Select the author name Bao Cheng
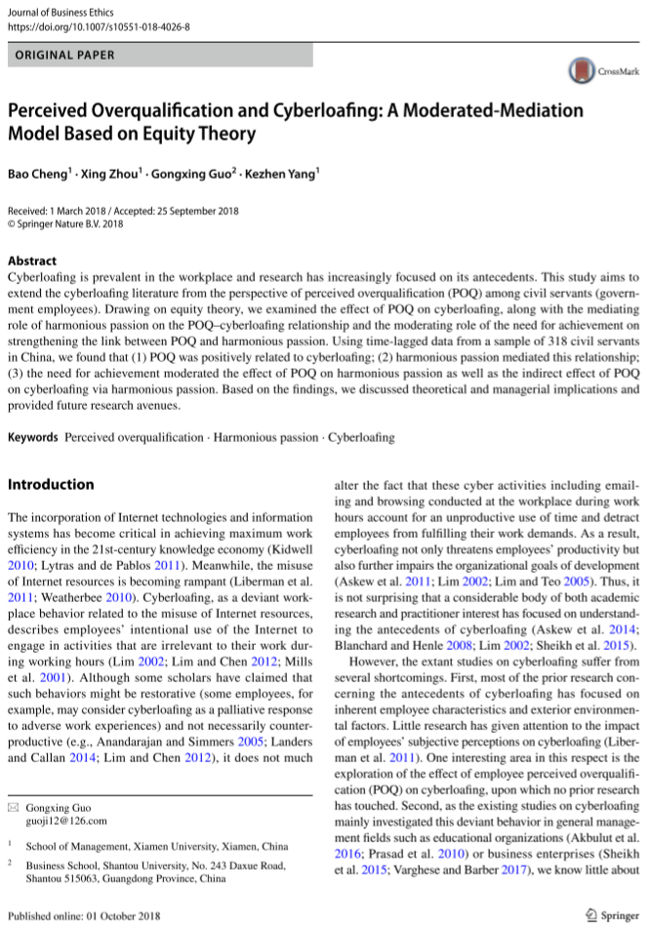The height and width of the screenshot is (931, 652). tap(37, 175)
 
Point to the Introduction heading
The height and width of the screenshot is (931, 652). tap(51, 484)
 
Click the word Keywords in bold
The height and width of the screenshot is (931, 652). tap(33, 438)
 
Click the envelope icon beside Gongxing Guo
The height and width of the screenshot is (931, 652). tap(13, 809)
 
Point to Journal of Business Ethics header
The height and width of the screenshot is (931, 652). tap(64, 9)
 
